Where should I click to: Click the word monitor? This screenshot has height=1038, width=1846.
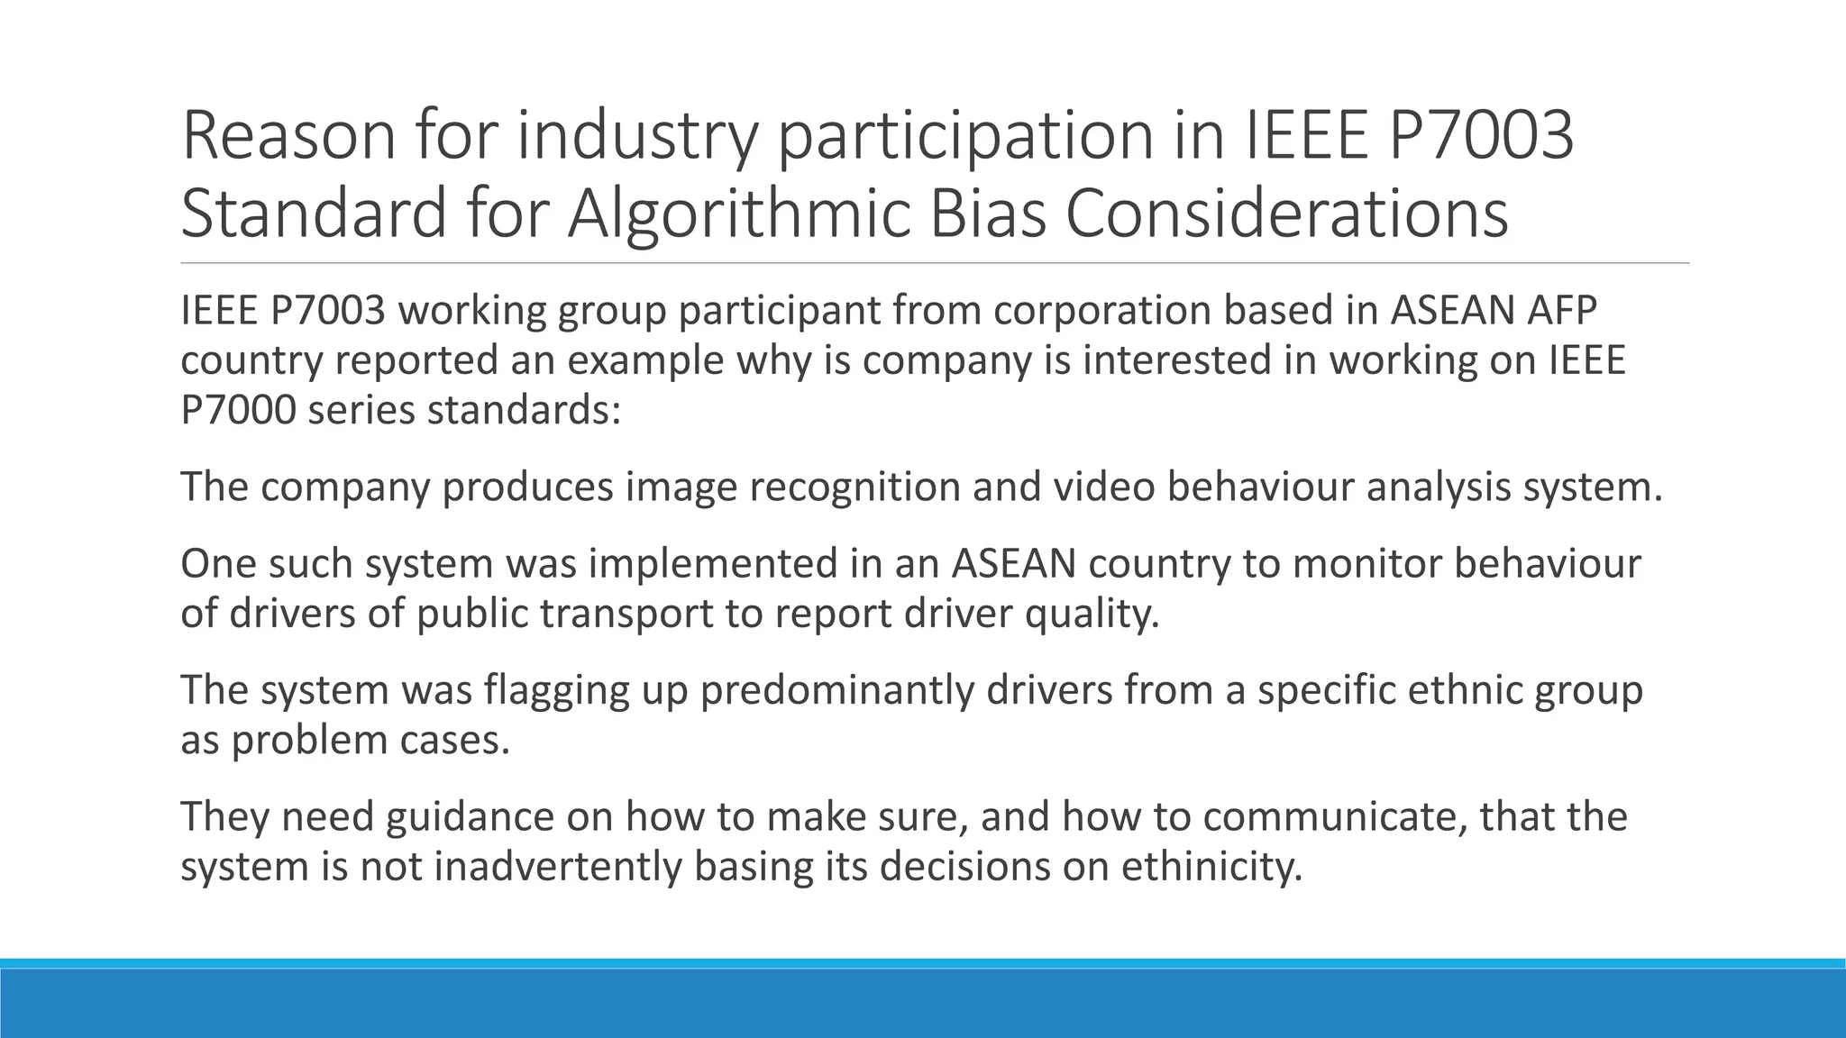[1367, 564]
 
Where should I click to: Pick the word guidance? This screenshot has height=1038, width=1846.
[470, 817]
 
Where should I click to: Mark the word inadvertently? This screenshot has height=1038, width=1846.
[558, 868]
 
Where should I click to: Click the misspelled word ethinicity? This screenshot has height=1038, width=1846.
[1212, 868]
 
